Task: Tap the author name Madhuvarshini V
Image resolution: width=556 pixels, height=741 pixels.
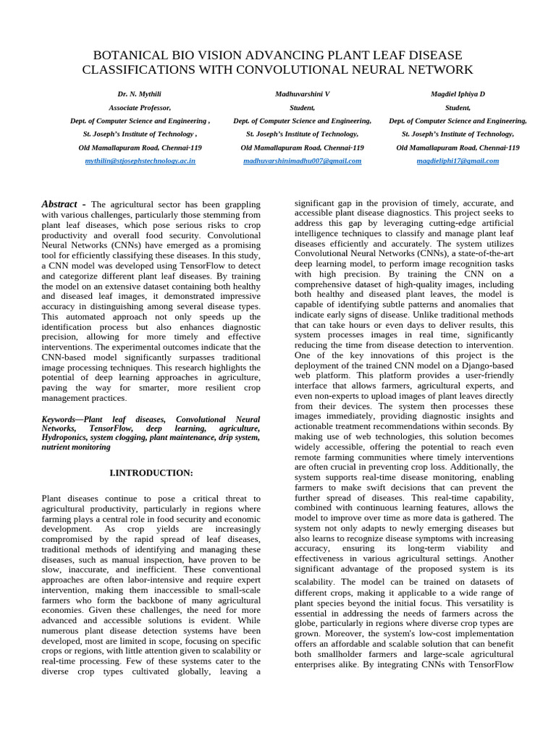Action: [302, 95]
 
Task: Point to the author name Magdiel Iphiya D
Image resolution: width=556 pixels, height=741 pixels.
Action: [458, 95]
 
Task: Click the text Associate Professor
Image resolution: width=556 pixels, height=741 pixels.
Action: [140, 108]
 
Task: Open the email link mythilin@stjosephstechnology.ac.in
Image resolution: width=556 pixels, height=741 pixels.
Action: [140, 161]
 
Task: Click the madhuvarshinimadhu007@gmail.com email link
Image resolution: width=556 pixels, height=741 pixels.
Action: [302, 161]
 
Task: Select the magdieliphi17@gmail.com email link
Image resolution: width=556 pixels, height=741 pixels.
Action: [458, 161]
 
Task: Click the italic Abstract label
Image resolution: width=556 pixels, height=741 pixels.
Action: [59, 205]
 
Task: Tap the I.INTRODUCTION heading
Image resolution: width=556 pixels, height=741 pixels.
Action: [151, 473]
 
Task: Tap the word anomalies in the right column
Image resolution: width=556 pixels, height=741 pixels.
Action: [463, 305]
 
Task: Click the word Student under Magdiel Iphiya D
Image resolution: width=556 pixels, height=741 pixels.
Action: [458, 108]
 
